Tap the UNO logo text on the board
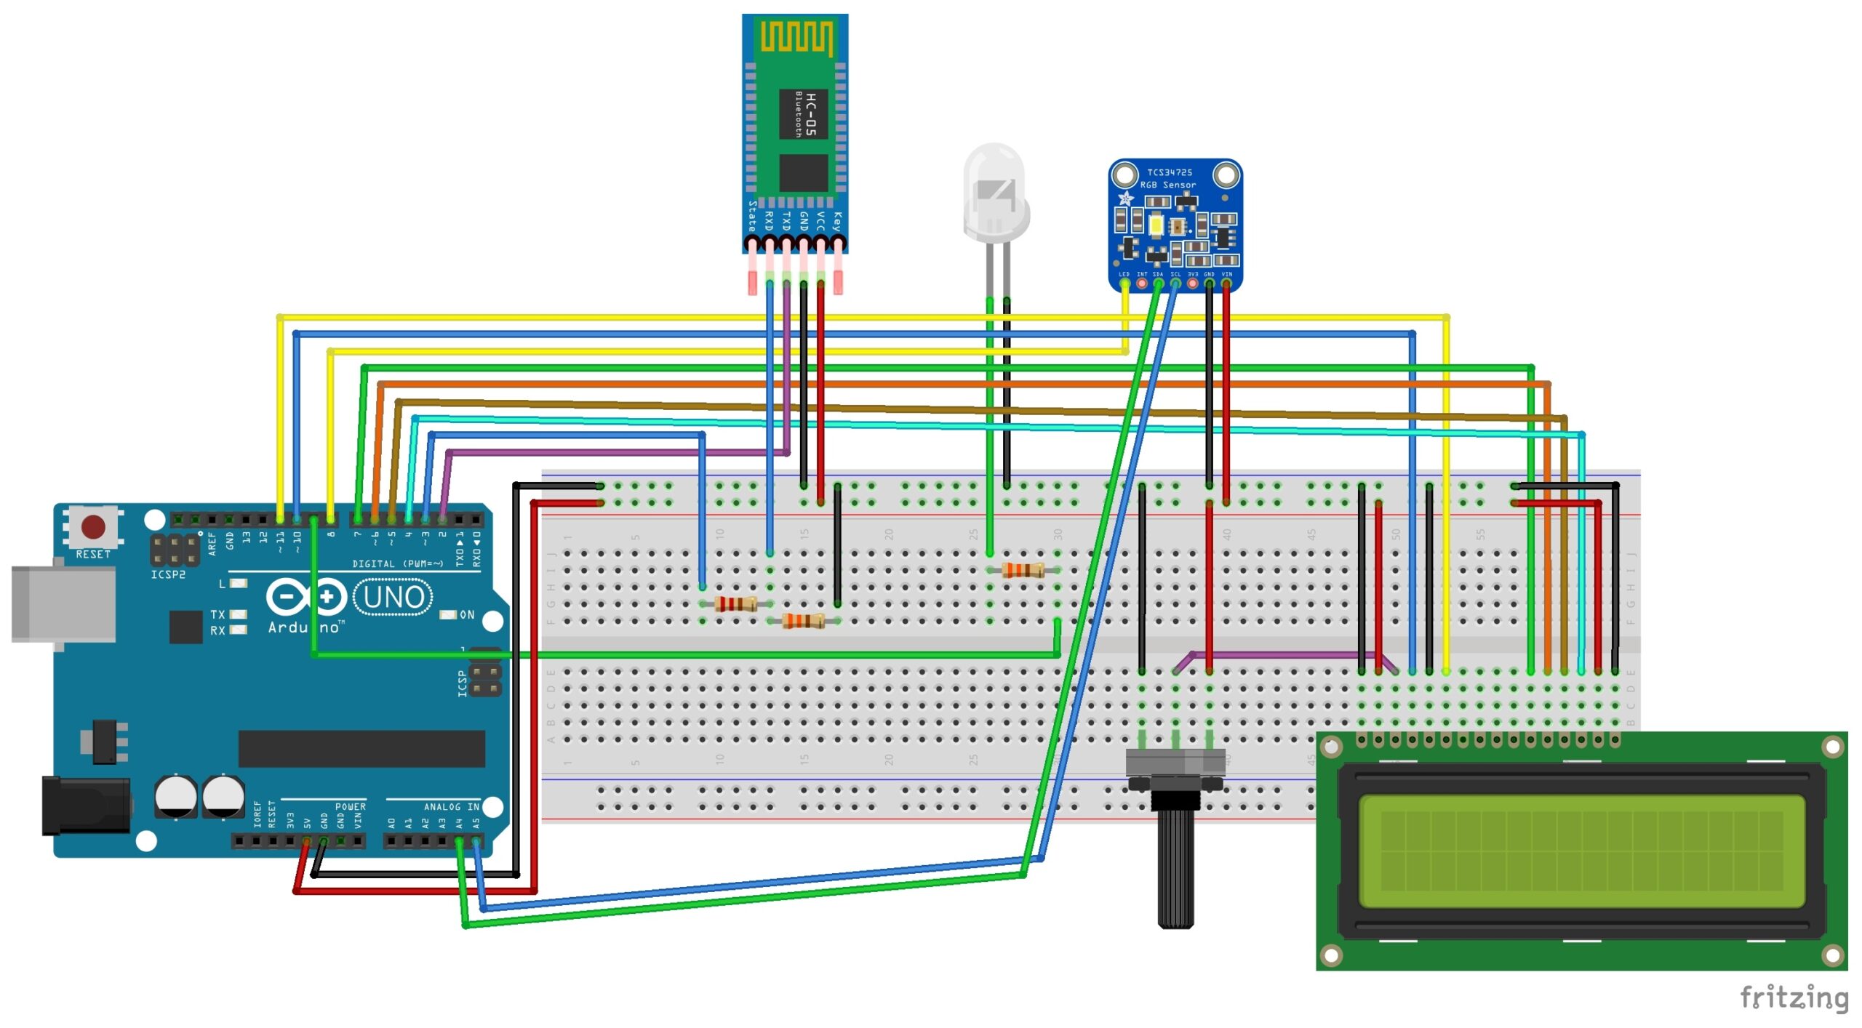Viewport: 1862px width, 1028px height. pos(393,598)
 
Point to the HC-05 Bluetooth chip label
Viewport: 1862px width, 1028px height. pos(804,114)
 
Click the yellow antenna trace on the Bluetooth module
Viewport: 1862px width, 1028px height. pos(796,37)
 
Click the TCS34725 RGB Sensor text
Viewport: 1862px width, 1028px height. pos(1169,179)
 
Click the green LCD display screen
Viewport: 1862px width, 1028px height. pos(1581,851)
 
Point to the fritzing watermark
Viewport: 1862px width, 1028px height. pos(1794,997)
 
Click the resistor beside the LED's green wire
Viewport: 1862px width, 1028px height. pos(1023,570)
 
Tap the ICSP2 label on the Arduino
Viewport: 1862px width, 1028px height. pos(168,575)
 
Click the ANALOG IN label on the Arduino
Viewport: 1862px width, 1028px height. pos(451,807)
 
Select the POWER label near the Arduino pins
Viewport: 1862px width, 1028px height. pos(350,807)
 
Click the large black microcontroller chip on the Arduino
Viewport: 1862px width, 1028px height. pos(361,749)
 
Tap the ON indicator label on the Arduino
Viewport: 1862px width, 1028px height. pos(467,615)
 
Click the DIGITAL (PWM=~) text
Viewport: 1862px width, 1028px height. pos(397,564)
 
